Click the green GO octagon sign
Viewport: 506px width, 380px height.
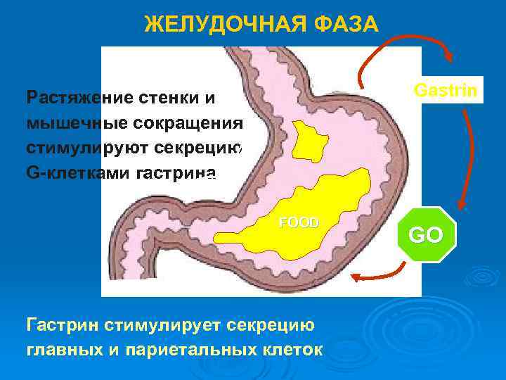click(427, 234)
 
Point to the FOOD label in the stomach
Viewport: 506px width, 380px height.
click(299, 222)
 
